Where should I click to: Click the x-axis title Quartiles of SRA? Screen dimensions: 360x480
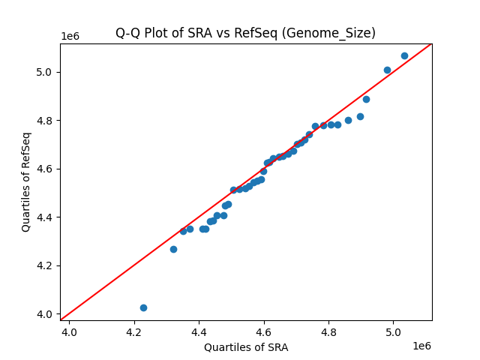pyautogui.click(x=246, y=347)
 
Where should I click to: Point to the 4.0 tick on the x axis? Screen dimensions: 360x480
pyautogui.click(x=70, y=331)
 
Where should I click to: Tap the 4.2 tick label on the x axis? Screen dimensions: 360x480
pyautogui.click(x=134, y=331)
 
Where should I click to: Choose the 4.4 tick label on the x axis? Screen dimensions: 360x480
pyautogui.click(x=199, y=331)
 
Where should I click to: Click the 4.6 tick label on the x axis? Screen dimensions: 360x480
pyautogui.click(x=265, y=331)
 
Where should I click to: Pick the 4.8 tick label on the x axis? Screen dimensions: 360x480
pyautogui.click(x=329, y=331)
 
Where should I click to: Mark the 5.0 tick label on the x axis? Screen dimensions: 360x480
pyautogui.click(x=394, y=331)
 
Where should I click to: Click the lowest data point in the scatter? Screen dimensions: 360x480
pyautogui.click(x=143, y=307)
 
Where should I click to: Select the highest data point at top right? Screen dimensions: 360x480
pyautogui.click(x=404, y=55)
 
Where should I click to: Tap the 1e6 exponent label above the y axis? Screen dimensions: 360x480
pyautogui.click(x=70, y=37)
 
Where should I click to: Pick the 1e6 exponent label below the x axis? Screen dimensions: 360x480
pyautogui.click(x=421, y=346)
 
